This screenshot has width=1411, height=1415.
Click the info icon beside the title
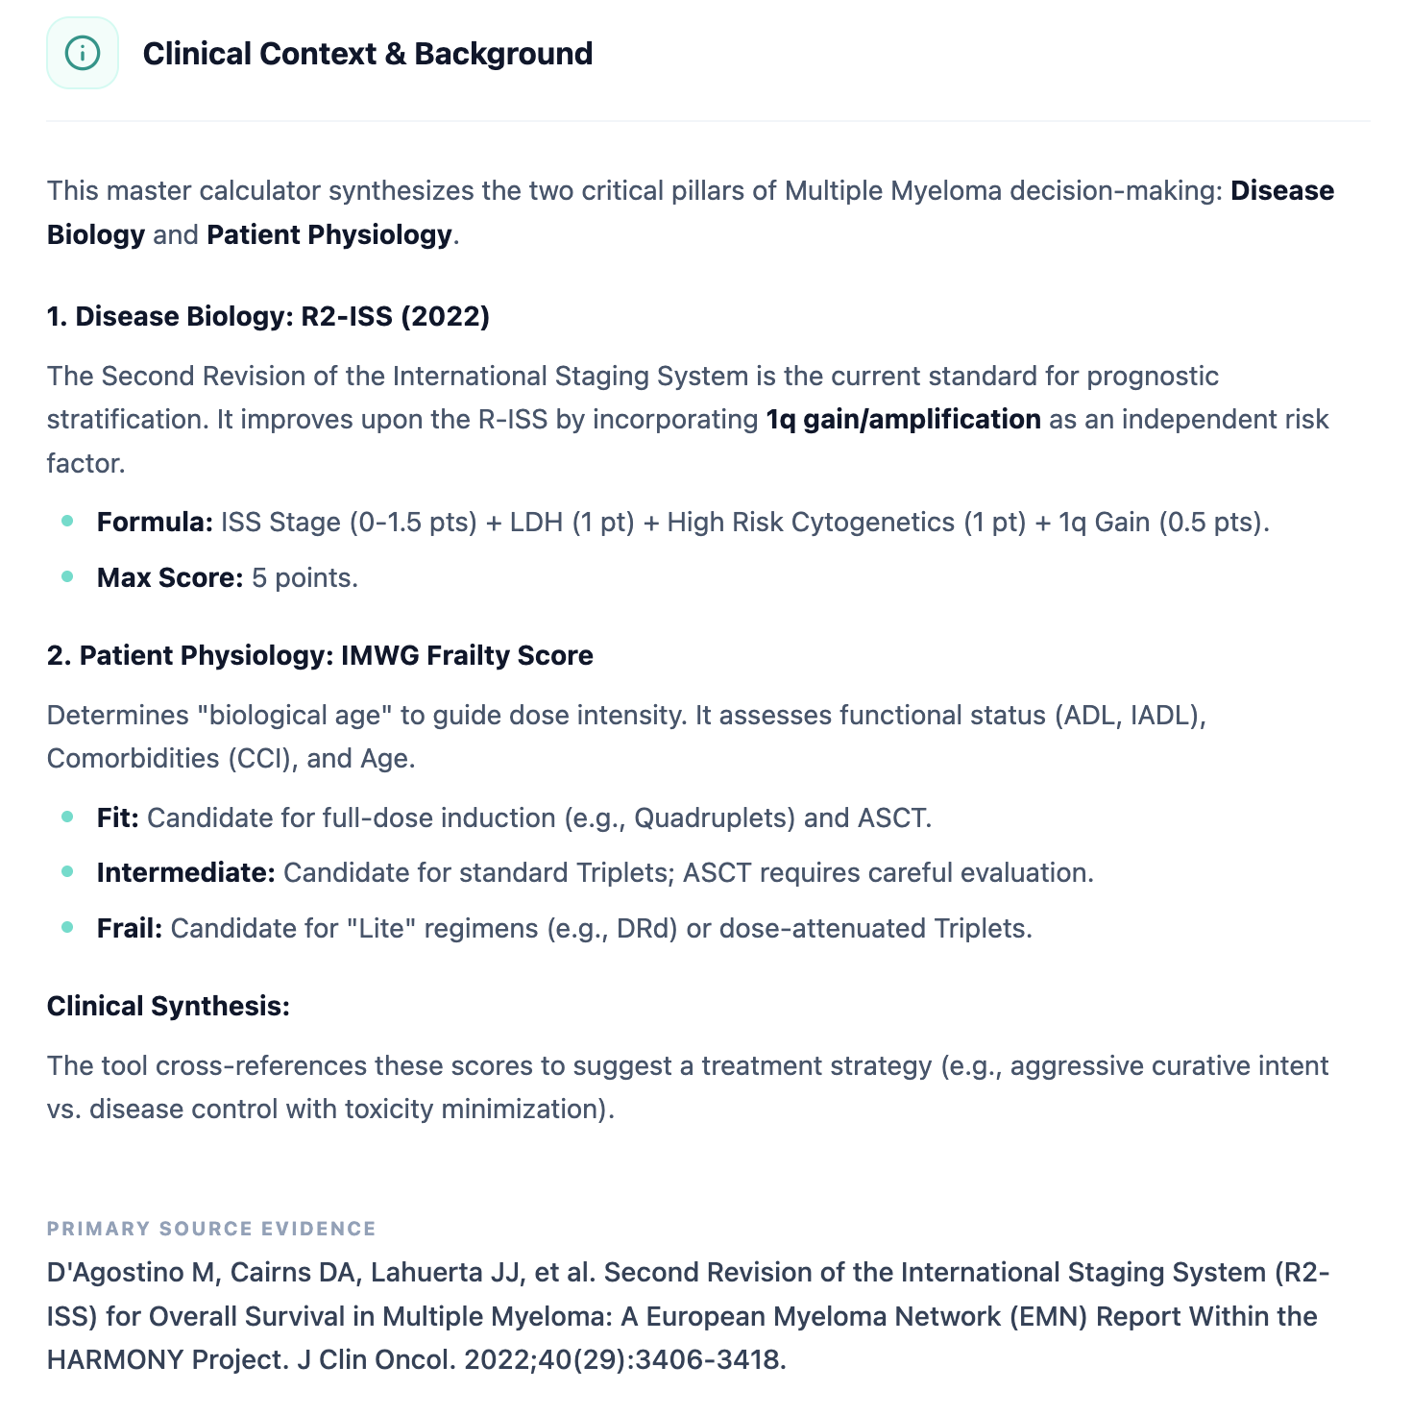coord(83,53)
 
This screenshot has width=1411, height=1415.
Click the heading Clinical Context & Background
coord(367,54)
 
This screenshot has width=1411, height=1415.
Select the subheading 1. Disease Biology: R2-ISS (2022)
coord(268,316)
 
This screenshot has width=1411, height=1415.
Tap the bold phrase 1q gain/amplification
coord(903,419)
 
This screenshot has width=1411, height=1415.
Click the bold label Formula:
coord(155,522)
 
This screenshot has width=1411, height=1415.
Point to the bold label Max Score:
coord(170,577)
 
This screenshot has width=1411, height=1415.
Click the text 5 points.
coord(304,577)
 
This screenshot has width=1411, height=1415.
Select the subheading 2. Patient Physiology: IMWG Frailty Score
coord(320,655)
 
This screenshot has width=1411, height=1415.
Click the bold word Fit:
coord(118,817)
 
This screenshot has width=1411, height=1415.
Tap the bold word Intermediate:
coord(186,872)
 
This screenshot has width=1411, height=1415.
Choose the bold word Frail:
coord(130,928)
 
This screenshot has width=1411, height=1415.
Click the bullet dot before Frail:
coord(67,927)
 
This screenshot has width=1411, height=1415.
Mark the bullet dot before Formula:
coord(67,521)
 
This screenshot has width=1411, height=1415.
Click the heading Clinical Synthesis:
coord(168,1006)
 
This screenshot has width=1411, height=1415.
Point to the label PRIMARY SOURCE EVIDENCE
coord(211,1229)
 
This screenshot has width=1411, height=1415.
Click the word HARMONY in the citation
coord(115,1359)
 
